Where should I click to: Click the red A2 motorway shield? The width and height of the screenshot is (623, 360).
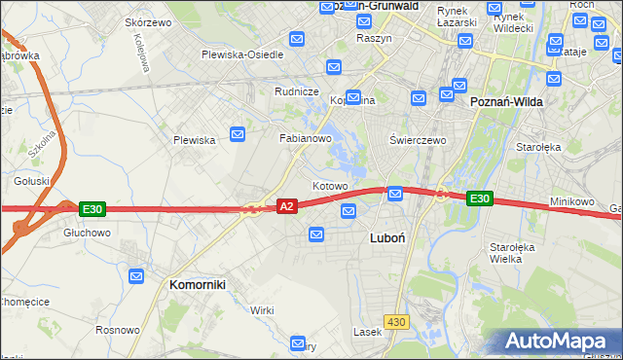(x=286, y=206)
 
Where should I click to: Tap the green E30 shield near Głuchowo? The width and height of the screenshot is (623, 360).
(x=92, y=209)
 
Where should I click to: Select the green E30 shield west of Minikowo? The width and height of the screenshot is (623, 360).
(x=479, y=198)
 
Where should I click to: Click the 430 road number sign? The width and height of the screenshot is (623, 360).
(x=395, y=321)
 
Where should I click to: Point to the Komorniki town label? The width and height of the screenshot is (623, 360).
(x=198, y=284)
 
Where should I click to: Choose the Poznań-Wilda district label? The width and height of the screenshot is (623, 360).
(x=506, y=101)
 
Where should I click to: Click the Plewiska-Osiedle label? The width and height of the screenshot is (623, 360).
(x=242, y=54)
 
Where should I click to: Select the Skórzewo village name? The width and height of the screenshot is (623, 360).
(x=148, y=21)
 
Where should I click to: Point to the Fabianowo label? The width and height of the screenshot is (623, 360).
(x=307, y=139)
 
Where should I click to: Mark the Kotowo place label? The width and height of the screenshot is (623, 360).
(x=330, y=186)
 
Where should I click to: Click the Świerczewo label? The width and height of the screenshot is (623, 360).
(x=418, y=140)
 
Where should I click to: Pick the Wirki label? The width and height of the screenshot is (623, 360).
(x=262, y=309)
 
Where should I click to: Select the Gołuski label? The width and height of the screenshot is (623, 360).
(x=31, y=181)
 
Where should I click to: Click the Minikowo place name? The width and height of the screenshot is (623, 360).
(x=571, y=201)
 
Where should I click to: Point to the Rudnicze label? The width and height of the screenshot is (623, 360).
(x=297, y=91)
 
